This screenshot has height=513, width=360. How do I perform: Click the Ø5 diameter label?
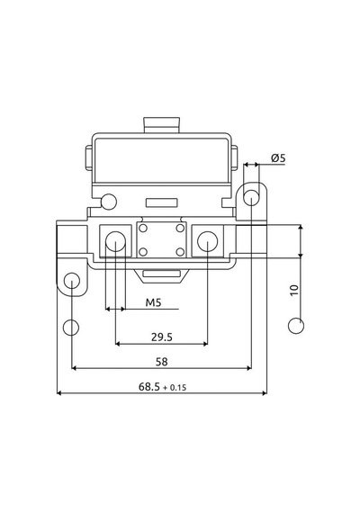click(x=278, y=158)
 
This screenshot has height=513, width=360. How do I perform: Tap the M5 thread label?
click(x=154, y=302)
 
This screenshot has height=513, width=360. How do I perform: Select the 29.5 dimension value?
click(x=162, y=337)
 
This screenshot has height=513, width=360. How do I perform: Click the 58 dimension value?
click(x=162, y=362)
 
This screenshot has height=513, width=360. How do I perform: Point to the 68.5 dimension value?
click(x=149, y=387)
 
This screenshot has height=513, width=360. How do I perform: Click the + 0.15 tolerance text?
click(x=175, y=388)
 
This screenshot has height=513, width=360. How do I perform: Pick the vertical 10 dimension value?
click(x=294, y=290)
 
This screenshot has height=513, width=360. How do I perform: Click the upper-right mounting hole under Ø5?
click(x=251, y=198)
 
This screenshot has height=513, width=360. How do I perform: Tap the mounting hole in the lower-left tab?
click(x=72, y=281)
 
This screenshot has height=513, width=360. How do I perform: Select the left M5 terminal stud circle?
click(x=115, y=241)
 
